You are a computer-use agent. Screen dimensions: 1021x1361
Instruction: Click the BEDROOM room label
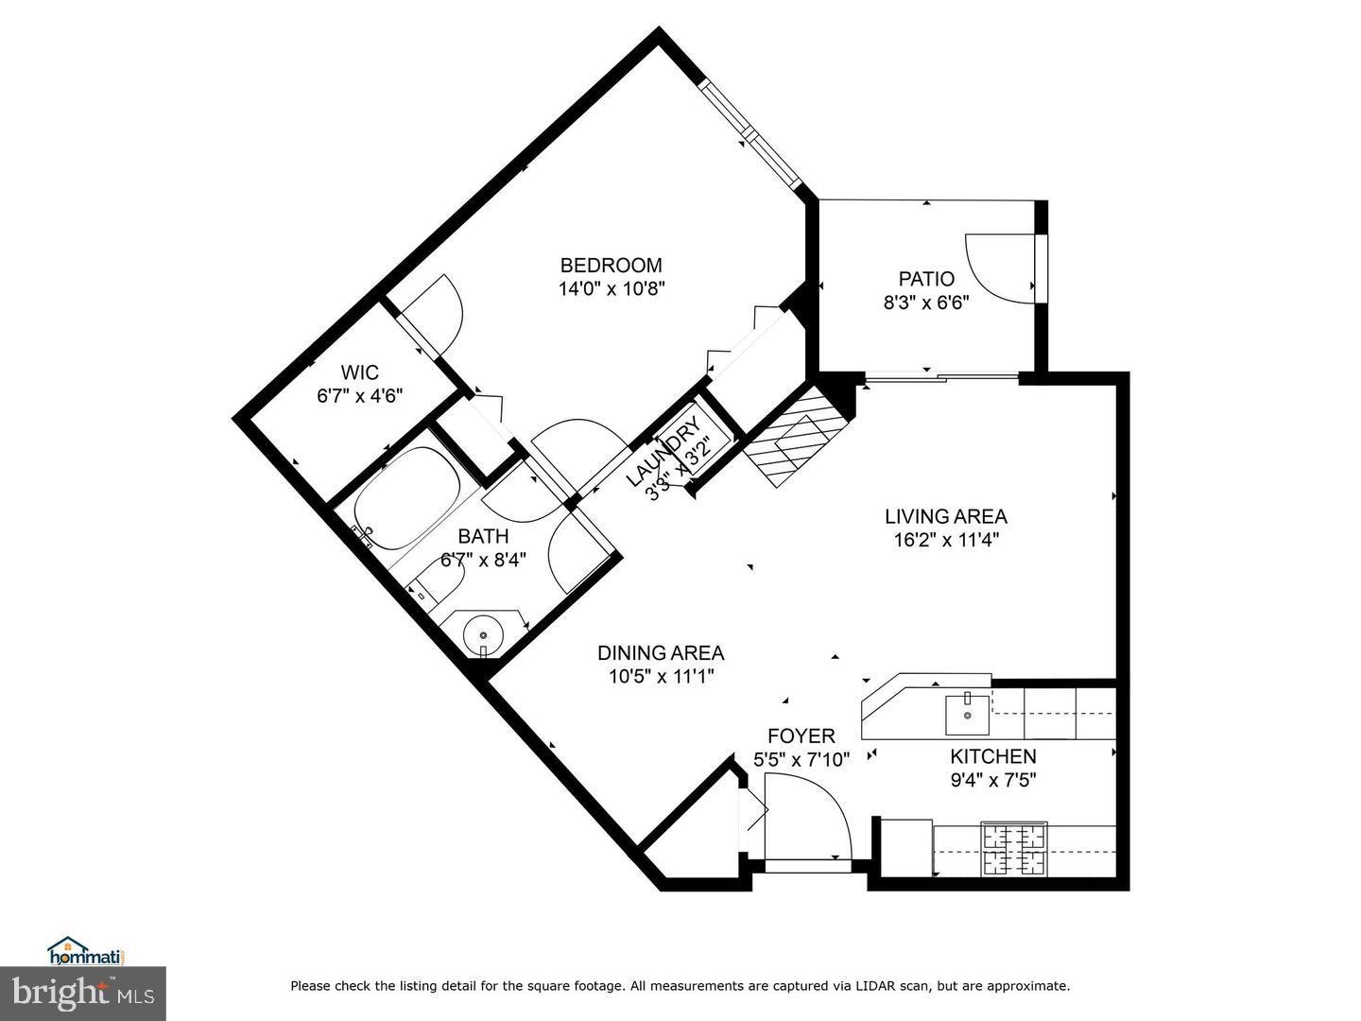(x=611, y=266)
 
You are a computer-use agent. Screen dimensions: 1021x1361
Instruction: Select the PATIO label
(x=926, y=279)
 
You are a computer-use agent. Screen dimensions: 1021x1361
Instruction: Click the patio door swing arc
(x=997, y=269)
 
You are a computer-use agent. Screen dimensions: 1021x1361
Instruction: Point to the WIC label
(x=359, y=373)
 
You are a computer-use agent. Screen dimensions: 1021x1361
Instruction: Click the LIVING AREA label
(x=945, y=516)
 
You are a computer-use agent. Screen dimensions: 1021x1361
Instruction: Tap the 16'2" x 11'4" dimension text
(x=945, y=540)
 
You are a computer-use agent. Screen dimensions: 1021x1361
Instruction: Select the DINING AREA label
(x=661, y=652)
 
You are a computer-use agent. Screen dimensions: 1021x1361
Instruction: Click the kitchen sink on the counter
(x=967, y=715)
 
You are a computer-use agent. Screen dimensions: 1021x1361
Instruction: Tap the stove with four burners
(x=1014, y=849)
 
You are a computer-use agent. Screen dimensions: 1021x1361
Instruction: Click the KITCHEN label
(x=992, y=756)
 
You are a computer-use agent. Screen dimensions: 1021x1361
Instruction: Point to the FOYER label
(x=801, y=735)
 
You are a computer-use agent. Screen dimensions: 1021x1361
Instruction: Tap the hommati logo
(x=86, y=950)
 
